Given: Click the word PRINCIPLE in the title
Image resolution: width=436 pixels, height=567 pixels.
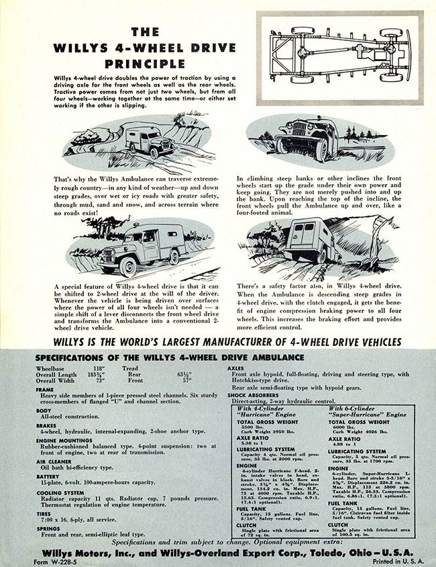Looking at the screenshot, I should [144, 64].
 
